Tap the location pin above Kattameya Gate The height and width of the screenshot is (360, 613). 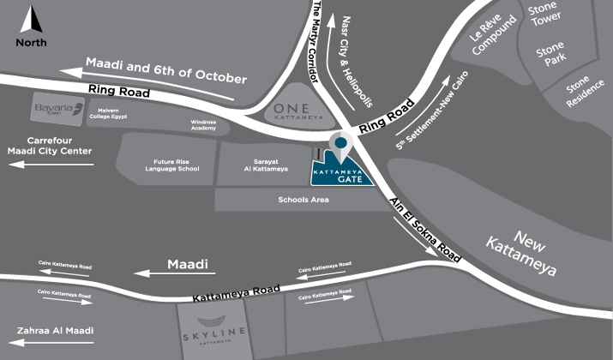(x=340, y=147)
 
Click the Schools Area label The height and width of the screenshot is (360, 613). (x=300, y=200)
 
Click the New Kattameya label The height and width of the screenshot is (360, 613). (x=532, y=250)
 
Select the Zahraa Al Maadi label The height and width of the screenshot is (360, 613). (x=55, y=330)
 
